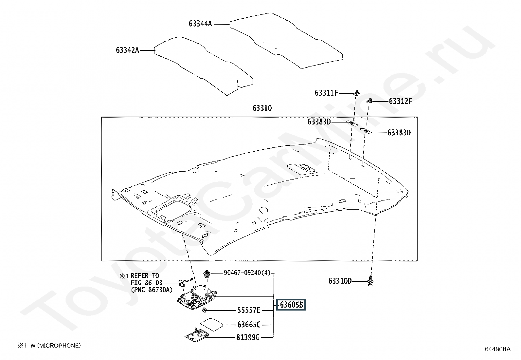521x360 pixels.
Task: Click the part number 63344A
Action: [200, 24]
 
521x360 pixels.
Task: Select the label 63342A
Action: [127, 50]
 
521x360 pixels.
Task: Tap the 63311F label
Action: [326, 93]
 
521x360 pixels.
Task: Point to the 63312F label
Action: [400, 101]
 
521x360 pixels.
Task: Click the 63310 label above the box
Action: [262, 108]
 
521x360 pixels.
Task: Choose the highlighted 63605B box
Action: [291, 305]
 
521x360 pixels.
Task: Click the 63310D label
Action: [340, 281]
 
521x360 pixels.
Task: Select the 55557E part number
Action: [249, 310]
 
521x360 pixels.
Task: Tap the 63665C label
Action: [249, 325]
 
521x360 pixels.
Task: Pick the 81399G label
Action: [248, 337]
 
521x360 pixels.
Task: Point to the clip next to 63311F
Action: [356, 92]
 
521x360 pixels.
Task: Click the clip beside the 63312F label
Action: [370, 101]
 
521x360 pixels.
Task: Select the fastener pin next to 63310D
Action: [370, 280]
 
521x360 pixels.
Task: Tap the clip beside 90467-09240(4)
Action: [207, 273]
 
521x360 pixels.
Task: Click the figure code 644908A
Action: [497, 349]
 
